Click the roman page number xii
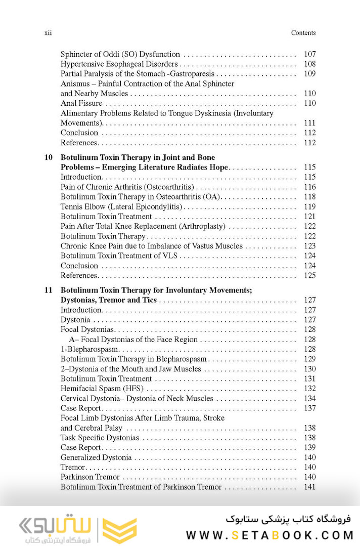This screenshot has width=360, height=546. click(x=49, y=33)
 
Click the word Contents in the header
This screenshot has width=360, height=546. click(x=303, y=33)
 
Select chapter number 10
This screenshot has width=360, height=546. click(x=49, y=157)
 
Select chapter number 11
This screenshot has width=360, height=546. click(x=49, y=290)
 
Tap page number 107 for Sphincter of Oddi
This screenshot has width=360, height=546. click(x=309, y=54)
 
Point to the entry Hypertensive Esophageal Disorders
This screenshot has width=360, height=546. click(x=119, y=64)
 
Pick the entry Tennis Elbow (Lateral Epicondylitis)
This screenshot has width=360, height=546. click(x=121, y=206)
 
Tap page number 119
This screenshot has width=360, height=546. click(x=309, y=206)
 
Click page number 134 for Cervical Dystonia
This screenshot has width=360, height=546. click(x=309, y=399)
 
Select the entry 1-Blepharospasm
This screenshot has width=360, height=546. click(x=89, y=350)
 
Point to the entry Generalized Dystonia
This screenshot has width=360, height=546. click(x=96, y=457)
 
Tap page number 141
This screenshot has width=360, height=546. click(x=309, y=487)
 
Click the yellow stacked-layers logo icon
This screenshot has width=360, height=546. click(x=119, y=530)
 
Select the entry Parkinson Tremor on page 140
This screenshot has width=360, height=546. click(x=90, y=477)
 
